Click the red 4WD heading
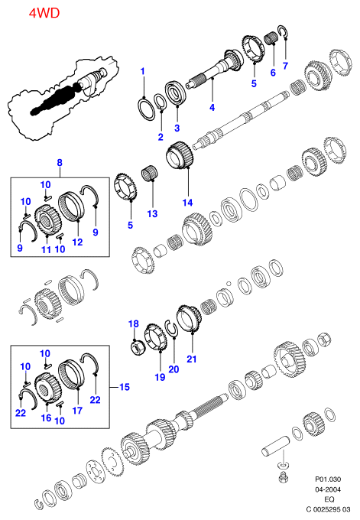(44, 13)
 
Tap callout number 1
(142, 71)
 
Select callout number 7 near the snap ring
(285, 66)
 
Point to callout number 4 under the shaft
(212, 107)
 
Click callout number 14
(187, 203)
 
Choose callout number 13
(152, 213)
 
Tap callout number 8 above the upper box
(60, 162)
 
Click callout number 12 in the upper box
(77, 242)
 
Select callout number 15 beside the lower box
(125, 387)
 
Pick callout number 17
(77, 410)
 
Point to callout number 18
(134, 323)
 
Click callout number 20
(174, 369)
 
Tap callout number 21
(192, 359)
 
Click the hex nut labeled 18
(136, 348)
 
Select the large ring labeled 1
(146, 109)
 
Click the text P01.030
(328, 479)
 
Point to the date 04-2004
(328, 489)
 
